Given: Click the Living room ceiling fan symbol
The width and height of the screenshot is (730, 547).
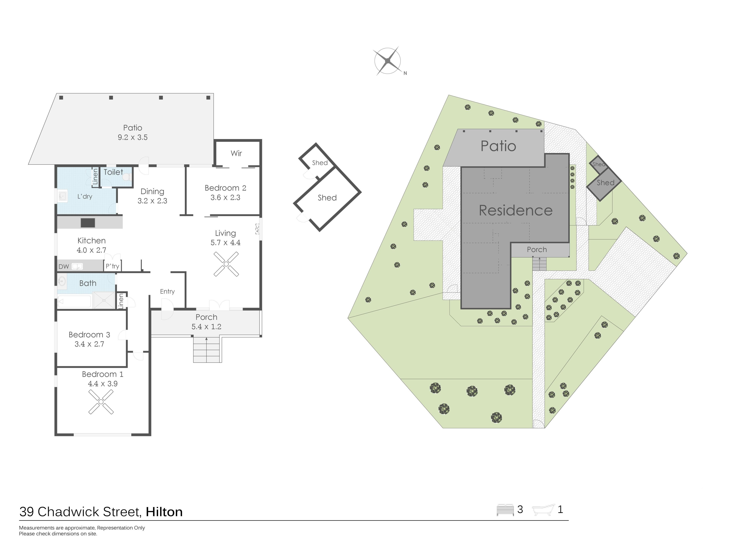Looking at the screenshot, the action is click(x=226, y=264).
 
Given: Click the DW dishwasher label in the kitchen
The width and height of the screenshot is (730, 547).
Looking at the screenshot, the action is click(x=64, y=266).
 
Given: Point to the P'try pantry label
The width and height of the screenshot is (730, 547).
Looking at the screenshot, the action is click(x=112, y=266).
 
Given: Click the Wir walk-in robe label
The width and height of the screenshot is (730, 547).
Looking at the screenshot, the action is click(x=236, y=153).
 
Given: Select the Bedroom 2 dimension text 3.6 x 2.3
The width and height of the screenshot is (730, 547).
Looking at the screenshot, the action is click(x=225, y=198).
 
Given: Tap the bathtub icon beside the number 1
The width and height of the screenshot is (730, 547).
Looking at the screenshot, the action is click(x=543, y=510).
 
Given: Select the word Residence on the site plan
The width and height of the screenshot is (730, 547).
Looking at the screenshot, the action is click(x=516, y=210).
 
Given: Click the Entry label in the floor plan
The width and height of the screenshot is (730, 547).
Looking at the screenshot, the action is click(x=167, y=292).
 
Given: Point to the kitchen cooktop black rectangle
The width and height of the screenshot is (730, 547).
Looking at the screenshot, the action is click(x=88, y=223).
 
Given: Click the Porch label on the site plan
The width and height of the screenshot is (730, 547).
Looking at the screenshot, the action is click(x=537, y=250).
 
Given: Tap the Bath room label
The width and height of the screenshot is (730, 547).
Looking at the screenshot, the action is click(x=88, y=283).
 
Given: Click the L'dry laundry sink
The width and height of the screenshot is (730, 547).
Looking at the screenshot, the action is click(x=62, y=196).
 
